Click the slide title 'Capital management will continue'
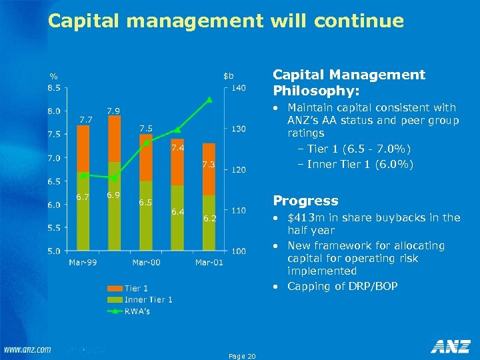[x=225, y=21]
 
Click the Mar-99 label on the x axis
[x=82, y=263]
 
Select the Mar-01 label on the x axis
[x=209, y=263]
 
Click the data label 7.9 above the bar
[x=114, y=110]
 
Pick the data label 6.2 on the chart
[x=210, y=218]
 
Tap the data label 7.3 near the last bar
[x=210, y=164]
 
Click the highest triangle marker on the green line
[x=209, y=100]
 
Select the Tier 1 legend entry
[x=136, y=289]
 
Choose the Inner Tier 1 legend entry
[x=148, y=299]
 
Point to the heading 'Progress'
[x=306, y=201]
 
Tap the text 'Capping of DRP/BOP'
[x=343, y=286]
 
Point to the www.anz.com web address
[x=27, y=349]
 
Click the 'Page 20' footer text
[x=242, y=357]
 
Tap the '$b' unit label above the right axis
[x=229, y=75]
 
